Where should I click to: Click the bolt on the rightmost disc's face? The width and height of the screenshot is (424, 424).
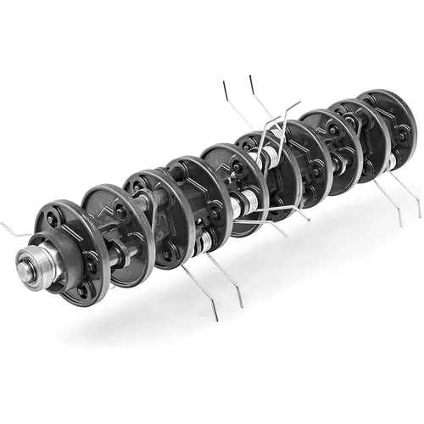pyautogui.click(x=399, y=133)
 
